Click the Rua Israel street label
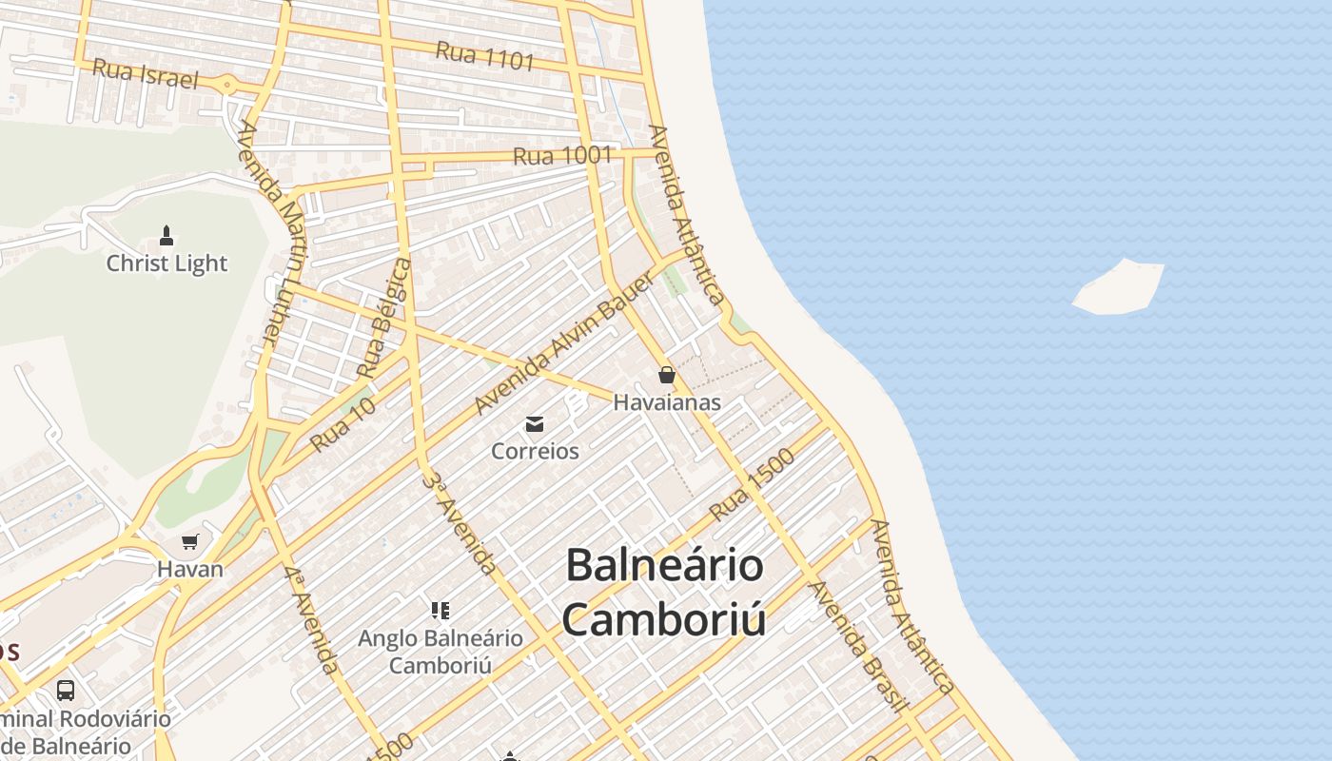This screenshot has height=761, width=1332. [146, 73]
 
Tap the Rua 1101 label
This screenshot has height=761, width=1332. [484, 56]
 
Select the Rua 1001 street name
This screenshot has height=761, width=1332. [562, 155]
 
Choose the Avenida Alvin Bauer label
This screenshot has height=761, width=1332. [564, 342]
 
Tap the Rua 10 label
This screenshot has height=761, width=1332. [343, 424]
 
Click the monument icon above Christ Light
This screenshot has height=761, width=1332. [166, 236]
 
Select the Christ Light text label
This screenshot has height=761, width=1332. [166, 263]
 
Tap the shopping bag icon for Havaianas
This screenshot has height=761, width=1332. [666, 375]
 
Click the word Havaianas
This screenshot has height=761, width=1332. [666, 402]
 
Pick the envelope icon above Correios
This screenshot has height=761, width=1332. [535, 424]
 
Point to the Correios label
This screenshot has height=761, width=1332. [535, 451]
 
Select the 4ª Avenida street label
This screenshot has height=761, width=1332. [311, 619]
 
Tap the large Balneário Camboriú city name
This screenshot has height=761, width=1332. [664, 592]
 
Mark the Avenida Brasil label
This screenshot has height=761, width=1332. [855, 645]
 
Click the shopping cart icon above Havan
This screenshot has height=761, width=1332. [190, 542]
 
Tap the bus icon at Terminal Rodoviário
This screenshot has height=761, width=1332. [66, 690]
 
